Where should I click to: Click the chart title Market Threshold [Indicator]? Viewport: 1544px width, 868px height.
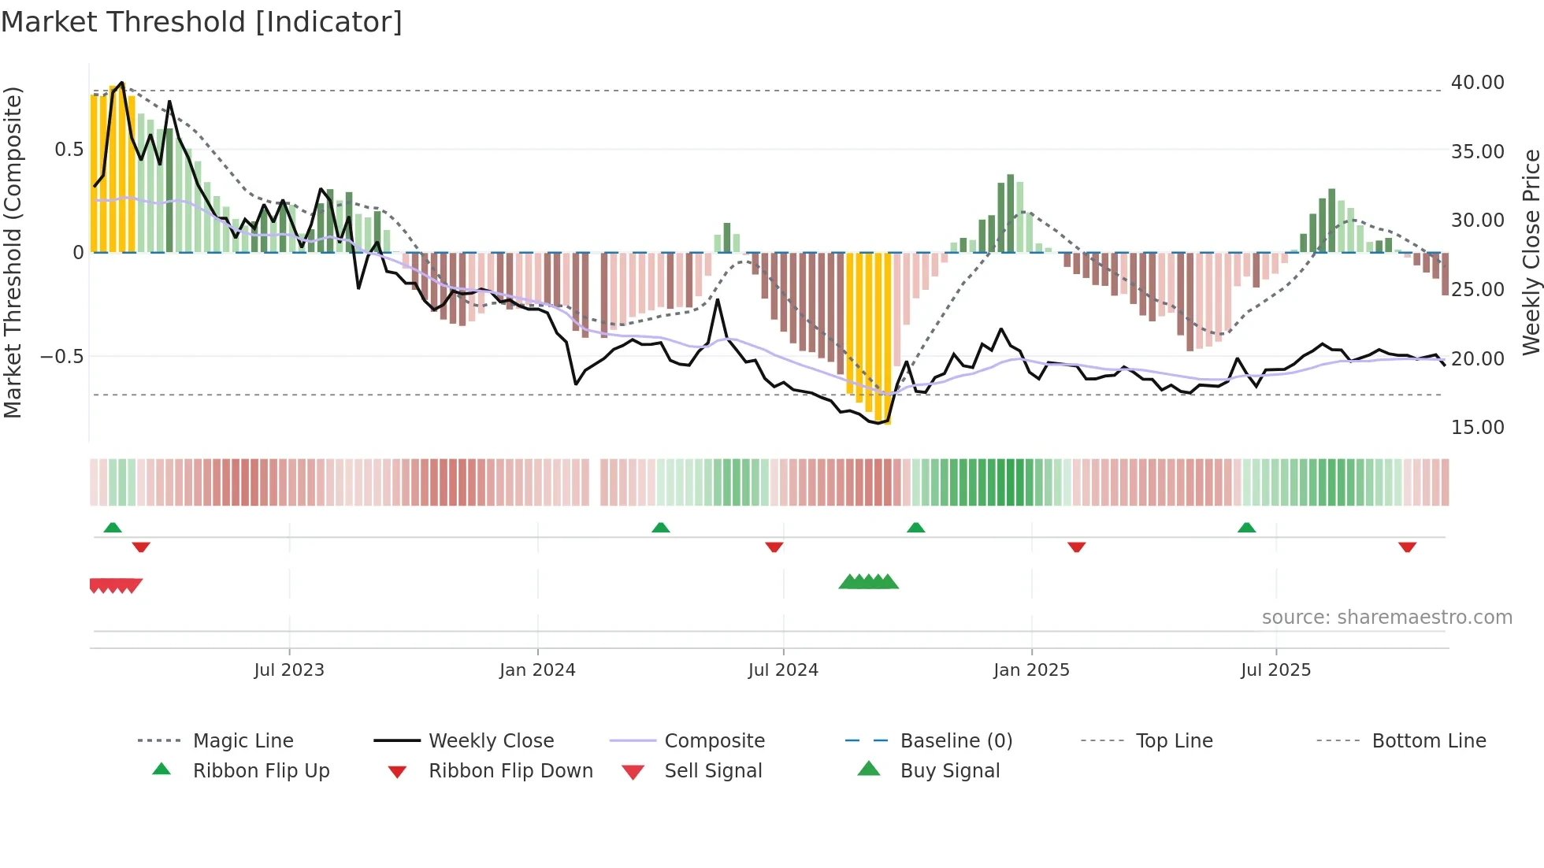point(202,22)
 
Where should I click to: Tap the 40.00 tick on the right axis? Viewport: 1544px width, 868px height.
point(1477,83)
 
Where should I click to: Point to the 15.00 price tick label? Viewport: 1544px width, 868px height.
point(1477,428)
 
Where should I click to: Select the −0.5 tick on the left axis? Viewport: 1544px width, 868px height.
point(61,357)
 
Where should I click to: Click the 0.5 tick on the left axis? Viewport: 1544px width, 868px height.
point(69,150)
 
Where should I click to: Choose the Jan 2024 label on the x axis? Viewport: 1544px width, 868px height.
point(537,670)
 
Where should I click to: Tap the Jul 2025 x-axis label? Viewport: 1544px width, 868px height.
point(1275,670)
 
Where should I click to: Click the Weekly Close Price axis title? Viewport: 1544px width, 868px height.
point(1531,252)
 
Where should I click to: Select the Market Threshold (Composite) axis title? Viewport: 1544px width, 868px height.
point(13,252)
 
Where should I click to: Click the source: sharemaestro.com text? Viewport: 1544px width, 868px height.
point(1386,618)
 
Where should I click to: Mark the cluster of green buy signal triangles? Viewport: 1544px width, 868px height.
point(868,582)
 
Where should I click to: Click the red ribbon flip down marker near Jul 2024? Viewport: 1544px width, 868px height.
point(774,547)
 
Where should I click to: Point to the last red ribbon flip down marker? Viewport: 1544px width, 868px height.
point(1407,547)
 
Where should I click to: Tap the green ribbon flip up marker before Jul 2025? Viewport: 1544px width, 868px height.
point(1246,528)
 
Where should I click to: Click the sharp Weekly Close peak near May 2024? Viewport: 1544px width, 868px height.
point(718,300)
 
